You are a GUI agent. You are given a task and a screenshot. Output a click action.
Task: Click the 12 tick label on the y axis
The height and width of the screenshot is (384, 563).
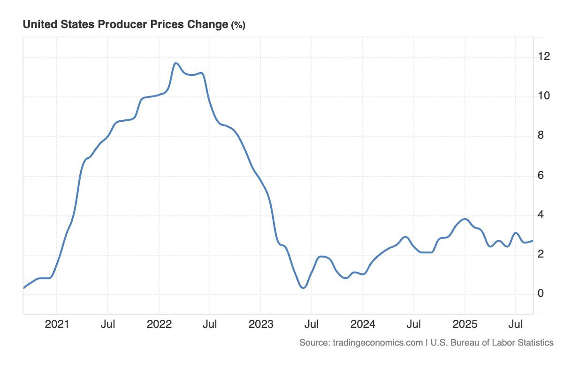(x=544, y=57)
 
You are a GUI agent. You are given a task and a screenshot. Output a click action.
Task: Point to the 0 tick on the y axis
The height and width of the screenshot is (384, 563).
(x=541, y=294)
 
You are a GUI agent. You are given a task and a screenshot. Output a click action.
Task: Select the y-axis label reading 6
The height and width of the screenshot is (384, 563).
(x=541, y=176)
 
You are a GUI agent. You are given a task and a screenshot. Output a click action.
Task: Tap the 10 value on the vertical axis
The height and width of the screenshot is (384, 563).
(x=544, y=96)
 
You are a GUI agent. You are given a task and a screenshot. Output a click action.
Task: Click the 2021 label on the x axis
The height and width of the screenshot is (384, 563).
(x=57, y=324)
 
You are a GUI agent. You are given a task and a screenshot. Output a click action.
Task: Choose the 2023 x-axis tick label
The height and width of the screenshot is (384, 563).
(x=260, y=324)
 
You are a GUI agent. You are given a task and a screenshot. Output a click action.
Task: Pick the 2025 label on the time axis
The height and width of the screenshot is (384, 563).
(x=464, y=324)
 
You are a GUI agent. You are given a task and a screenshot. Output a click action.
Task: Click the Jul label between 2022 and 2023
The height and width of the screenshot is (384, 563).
(x=210, y=324)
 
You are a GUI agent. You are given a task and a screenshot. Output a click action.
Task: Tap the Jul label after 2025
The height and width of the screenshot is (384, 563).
(x=516, y=324)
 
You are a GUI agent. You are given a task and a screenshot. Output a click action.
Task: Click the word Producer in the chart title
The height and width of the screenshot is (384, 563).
(x=123, y=25)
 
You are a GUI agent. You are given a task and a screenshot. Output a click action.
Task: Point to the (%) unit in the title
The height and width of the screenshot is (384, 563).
(x=238, y=25)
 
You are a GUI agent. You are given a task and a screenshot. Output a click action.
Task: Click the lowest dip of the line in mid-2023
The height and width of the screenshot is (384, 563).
(x=303, y=288)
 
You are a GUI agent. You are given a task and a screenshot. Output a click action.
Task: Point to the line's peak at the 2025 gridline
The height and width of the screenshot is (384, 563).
(x=464, y=219)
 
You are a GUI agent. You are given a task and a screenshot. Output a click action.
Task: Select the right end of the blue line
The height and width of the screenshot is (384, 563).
(x=533, y=241)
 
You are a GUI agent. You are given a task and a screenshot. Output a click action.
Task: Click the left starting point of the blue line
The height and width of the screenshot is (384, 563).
(x=23, y=288)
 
